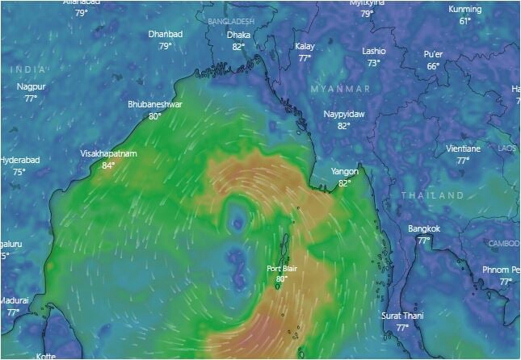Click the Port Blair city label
(282, 269)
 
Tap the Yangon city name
(345, 172)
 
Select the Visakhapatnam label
(108, 153)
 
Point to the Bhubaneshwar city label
(154, 105)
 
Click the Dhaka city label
(238, 36)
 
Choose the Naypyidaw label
(344, 115)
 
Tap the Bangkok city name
(424, 229)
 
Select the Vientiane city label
(463, 149)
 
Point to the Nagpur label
(31, 87)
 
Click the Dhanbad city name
(166, 35)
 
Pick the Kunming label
(465, 10)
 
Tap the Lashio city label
(373, 51)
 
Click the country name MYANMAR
(341, 88)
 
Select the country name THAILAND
(433, 195)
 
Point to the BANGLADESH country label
(230, 20)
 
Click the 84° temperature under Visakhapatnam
(108, 165)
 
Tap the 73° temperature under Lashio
(373, 62)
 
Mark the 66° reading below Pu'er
(433, 66)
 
